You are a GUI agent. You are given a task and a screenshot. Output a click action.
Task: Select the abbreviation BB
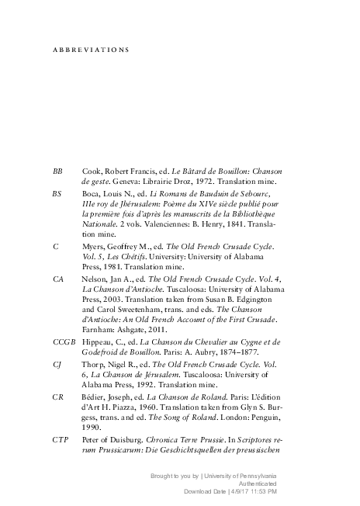pyautogui.click(x=57, y=170)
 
